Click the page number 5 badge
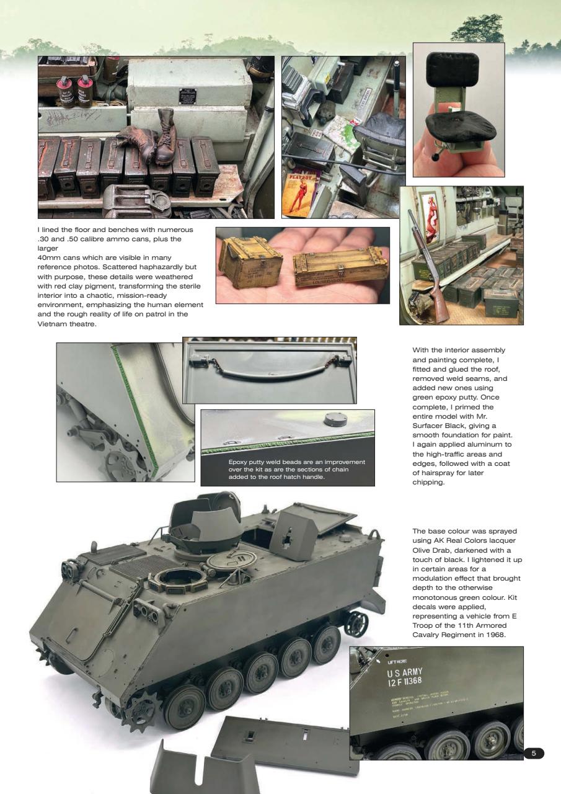click(x=534, y=753)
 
